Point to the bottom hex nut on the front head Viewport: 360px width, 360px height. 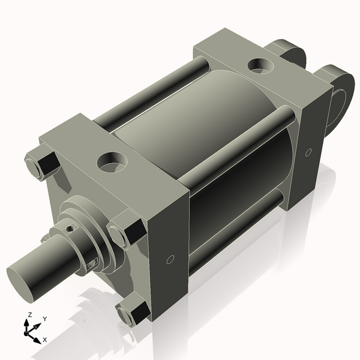tap(133, 313)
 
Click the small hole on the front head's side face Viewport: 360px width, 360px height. tap(170, 260)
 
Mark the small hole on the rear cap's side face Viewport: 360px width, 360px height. tap(308, 152)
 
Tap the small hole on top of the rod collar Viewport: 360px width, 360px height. tap(71, 229)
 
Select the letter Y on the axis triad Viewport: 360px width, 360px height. tap(44, 319)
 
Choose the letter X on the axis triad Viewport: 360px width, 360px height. tap(44, 340)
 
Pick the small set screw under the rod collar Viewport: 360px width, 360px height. tap(92, 264)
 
